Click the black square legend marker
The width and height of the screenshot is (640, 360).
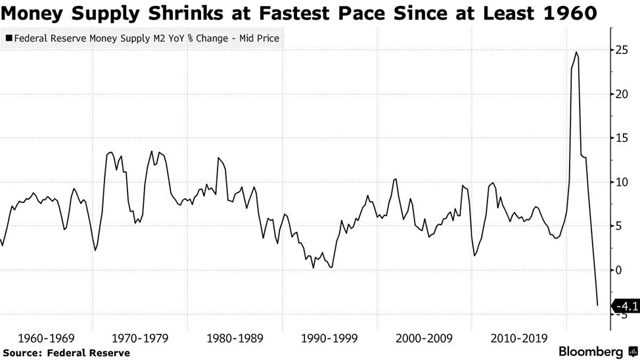8,39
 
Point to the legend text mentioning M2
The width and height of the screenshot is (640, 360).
145,39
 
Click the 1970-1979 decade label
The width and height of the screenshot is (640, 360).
139,338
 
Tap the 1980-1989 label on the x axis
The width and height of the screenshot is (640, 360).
235,338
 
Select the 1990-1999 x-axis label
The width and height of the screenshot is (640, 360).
329,338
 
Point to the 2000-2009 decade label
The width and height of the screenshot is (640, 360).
424,338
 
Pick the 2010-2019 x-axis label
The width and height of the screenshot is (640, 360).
518,338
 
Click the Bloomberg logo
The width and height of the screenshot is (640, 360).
591,352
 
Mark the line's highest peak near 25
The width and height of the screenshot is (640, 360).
576,52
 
